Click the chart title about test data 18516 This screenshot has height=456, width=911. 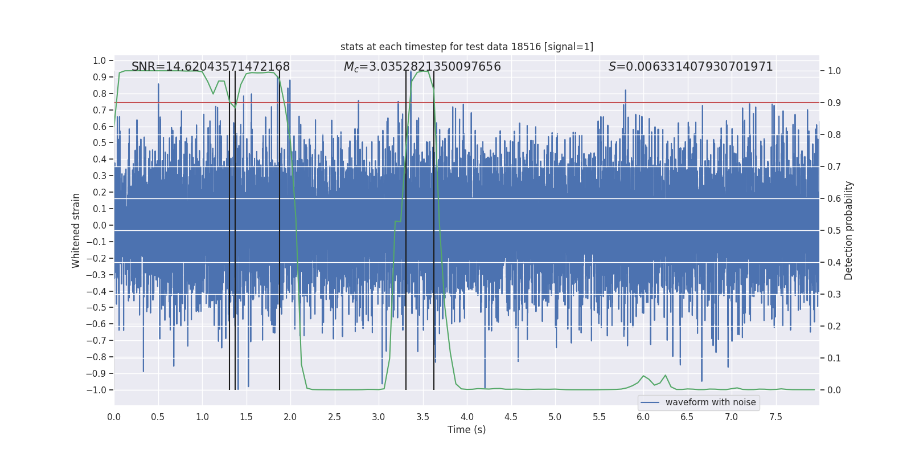click(467, 47)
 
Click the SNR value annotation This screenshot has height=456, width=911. click(211, 67)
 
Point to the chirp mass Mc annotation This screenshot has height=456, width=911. click(422, 67)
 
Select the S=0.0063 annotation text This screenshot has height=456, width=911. click(690, 67)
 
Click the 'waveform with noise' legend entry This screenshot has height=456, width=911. click(710, 402)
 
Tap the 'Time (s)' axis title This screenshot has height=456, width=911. click(466, 430)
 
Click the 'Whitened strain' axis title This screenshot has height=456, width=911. click(76, 230)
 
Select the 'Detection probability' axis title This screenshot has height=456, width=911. click(849, 230)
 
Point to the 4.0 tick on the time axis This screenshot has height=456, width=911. click(467, 417)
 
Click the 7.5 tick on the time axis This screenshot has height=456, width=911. click(775, 417)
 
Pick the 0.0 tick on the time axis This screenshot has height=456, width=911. click(114, 417)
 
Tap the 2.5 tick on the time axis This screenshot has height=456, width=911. click(334, 417)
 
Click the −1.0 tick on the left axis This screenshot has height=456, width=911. click(96, 390)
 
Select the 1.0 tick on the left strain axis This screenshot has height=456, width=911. click(99, 60)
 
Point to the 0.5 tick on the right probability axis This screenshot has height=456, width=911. click(834, 230)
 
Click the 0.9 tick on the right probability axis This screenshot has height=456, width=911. click(834, 103)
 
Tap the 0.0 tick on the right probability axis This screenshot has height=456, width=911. click(834, 390)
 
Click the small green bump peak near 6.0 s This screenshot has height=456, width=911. click(643, 376)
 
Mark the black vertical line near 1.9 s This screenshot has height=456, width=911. click(280, 228)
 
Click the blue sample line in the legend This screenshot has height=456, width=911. click(650, 402)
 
